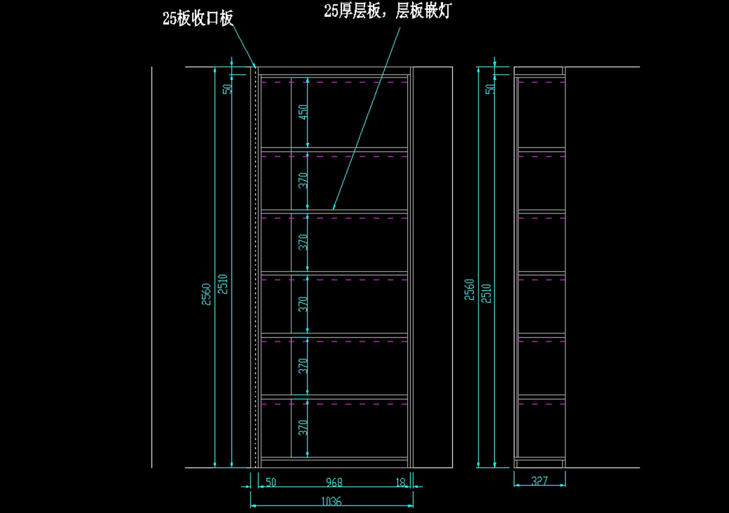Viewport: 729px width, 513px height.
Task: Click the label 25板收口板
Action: pyautogui.click(x=198, y=18)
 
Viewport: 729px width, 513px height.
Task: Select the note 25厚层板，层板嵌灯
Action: pyautogui.click(x=388, y=11)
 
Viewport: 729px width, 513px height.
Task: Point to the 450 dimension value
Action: pyautogui.click(x=303, y=112)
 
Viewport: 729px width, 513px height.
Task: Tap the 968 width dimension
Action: pyautogui.click(x=334, y=482)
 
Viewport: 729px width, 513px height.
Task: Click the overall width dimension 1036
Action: pyautogui.click(x=331, y=501)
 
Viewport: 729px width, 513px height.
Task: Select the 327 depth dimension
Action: pyautogui.click(x=539, y=480)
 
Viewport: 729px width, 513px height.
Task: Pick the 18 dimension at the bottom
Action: pyautogui.click(x=401, y=482)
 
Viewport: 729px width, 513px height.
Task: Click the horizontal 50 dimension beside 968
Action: pyautogui.click(x=271, y=482)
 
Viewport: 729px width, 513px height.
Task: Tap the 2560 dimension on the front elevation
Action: pyautogui.click(x=207, y=294)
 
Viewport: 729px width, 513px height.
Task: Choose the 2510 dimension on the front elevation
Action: pyautogui.click(x=223, y=284)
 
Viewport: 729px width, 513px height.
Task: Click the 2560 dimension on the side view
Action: pyautogui.click(x=469, y=290)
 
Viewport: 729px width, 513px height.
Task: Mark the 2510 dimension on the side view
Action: pyautogui.click(x=486, y=293)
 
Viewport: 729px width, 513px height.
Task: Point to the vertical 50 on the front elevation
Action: pyautogui.click(x=227, y=89)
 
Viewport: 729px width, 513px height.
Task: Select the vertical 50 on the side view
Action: pyautogui.click(x=490, y=89)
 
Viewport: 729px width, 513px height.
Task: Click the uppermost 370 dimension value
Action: pyautogui.click(x=303, y=180)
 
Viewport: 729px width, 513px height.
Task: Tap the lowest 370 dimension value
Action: pyautogui.click(x=303, y=427)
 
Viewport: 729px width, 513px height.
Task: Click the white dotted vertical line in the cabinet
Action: pyautogui.click(x=256, y=267)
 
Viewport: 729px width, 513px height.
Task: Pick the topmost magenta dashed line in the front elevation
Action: pyautogui.click(x=334, y=83)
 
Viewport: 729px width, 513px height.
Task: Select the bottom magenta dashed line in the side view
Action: pyautogui.click(x=541, y=404)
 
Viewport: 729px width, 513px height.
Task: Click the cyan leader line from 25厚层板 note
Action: pyautogui.click(x=366, y=118)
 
